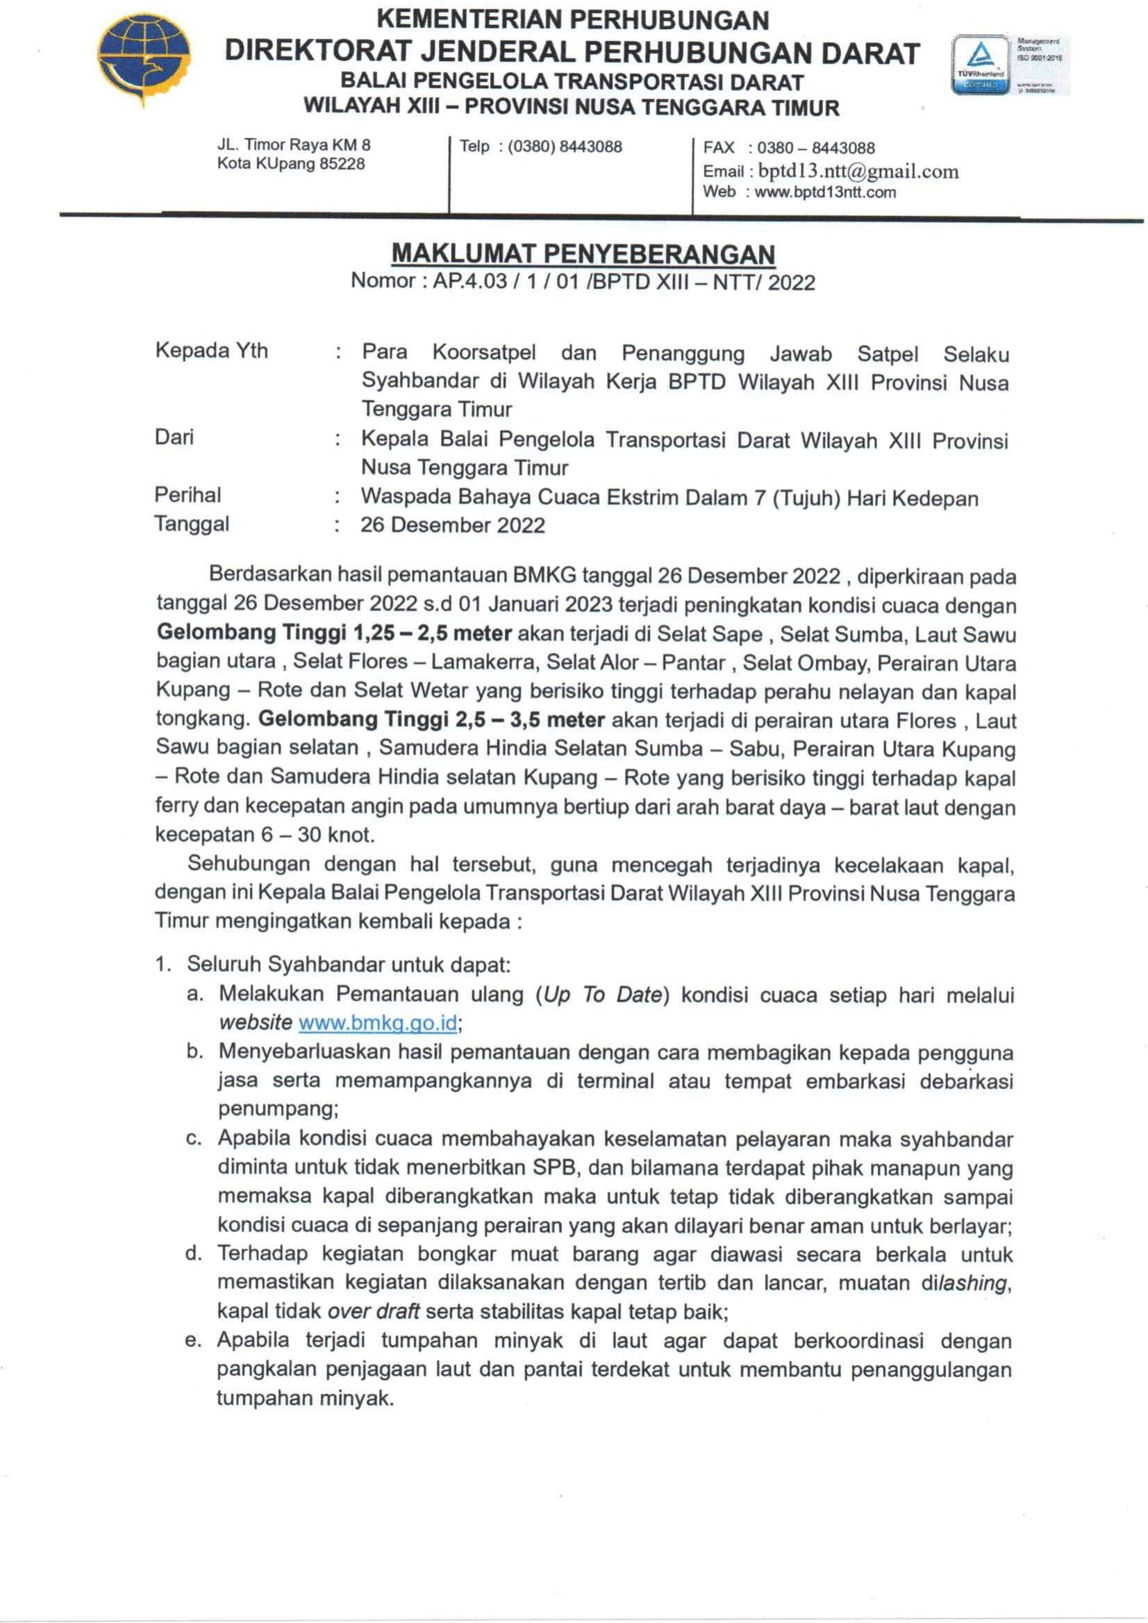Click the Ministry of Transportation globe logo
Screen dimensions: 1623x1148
tap(144, 60)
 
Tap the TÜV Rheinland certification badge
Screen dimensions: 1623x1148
tap(981, 65)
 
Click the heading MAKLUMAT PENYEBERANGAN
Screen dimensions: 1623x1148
tap(583, 253)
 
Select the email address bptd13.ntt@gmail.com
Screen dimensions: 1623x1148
tap(858, 172)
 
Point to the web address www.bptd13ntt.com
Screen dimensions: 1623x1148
tap(825, 192)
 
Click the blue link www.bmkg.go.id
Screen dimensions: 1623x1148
tap(378, 1023)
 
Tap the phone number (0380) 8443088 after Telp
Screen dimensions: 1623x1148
tap(565, 147)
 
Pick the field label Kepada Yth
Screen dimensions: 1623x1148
tap(211, 351)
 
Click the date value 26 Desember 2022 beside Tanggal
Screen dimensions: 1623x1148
tap(452, 525)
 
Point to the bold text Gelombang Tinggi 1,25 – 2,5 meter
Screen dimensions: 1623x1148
tap(333, 632)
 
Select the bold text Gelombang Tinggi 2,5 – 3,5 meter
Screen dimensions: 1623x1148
tap(431, 719)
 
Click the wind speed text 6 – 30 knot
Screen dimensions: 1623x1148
tap(317, 835)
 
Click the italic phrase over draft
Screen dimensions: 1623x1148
tap(373, 1311)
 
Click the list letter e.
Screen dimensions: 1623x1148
tap(193, 1340)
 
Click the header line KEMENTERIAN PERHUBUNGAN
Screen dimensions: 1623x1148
tap(572, 19)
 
